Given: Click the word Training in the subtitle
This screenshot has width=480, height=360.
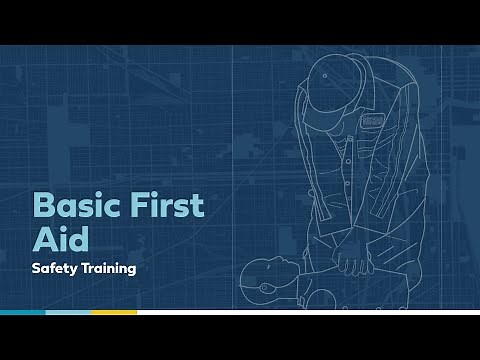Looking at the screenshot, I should tap(110, 268).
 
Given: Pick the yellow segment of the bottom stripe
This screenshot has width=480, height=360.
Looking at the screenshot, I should tap(114, 312).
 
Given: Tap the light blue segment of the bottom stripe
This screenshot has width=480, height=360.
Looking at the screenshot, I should tap(68, 312).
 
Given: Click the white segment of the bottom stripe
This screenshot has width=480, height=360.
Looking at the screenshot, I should tap(300, 312).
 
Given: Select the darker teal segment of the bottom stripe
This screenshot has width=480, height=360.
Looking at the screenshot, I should tap(22, 312).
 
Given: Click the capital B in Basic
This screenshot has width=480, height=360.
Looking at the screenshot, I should tap(44, 206).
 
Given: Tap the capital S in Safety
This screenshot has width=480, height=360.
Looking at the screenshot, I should tap(37, 268).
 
